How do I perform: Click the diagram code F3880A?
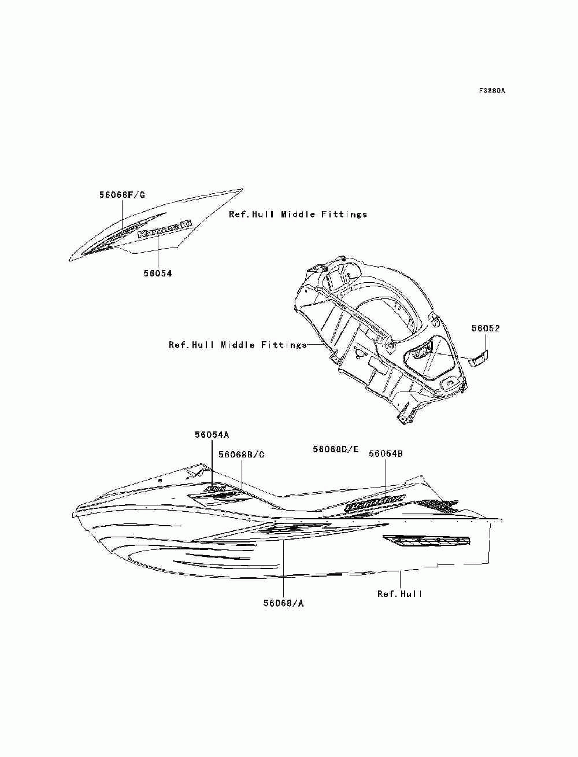[x=492, y=91]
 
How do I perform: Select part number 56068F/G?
[x=122, y=195]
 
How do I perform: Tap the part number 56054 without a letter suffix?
[x=158, y=274]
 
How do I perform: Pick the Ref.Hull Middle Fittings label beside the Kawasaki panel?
[x=298, y=215]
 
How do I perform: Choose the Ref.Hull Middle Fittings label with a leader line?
[x=238, y=345]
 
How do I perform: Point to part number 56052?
[x=486, y=328]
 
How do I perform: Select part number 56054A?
[x=212, y=434]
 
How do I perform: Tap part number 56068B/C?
[x=241, y=455]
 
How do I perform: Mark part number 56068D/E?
[x=336, y=449]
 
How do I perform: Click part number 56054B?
[x=386, y=454]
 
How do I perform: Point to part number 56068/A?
[x=283, y=603]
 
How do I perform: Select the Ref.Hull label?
[x=400, y=594]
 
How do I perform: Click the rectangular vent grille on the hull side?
[x=427, y=541]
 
